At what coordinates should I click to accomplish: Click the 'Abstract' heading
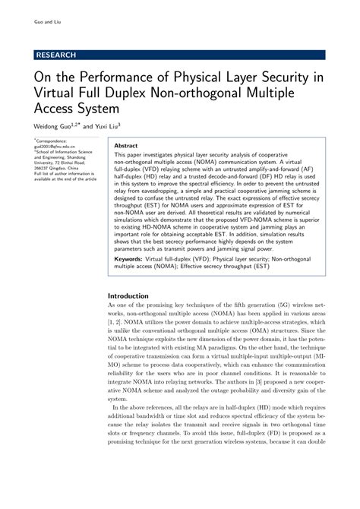pyautogui.click(x=125, y=145)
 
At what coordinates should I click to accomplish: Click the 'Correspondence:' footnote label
pyautogui.click(x=52, y=141)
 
